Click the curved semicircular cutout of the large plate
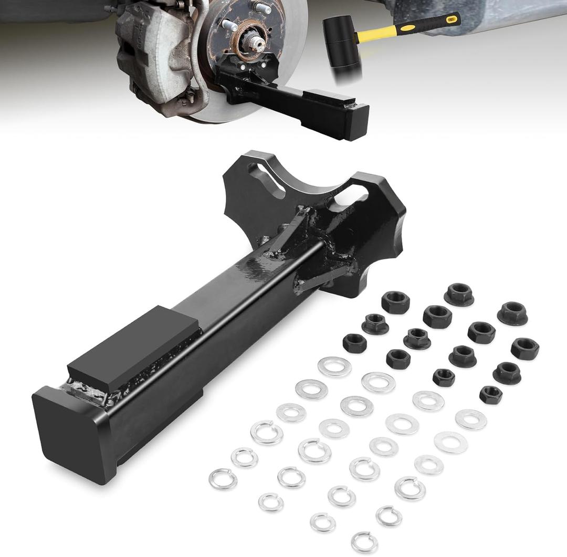coord(315,181)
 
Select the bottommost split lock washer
coord(364,541)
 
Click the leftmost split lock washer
coord(223,478)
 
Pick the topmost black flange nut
coord(459,294)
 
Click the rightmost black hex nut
coord(524,349)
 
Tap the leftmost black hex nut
coord(355,343)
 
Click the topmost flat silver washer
coord(334,366)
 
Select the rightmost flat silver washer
coord(470,419)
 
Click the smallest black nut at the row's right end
coord(490,394)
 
